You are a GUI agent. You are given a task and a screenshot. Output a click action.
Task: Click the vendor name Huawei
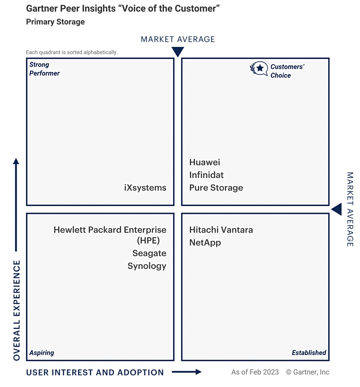coord(204,162)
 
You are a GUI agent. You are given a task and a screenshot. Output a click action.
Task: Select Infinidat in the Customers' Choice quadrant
coord(206,175)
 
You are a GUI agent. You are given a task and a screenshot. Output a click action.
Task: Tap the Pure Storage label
coord(216,188)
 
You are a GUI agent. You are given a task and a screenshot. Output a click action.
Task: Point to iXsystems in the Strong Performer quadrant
coord(145,188)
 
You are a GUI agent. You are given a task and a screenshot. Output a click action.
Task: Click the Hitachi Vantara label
coord(221,230)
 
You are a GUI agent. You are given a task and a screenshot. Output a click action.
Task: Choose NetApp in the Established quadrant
coord(205,243)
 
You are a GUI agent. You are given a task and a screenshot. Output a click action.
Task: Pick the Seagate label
coord(149,253)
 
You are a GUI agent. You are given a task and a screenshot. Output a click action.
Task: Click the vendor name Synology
coord(147,266)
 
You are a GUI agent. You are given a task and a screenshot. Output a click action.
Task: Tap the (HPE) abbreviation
coord(148,240)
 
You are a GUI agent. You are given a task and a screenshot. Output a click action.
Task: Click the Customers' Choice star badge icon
coord(259,68)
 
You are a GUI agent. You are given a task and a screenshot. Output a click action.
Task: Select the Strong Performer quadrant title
coord(44,69)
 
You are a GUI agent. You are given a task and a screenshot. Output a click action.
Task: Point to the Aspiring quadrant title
coord(42,353)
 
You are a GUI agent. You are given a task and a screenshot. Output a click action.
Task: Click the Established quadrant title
coord(309,352)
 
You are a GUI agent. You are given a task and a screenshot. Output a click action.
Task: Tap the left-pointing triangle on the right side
coord(337,209)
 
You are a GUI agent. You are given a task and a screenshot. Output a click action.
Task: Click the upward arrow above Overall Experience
coord(16,205)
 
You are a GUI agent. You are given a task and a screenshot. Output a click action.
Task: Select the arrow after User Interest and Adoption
coord(187,372)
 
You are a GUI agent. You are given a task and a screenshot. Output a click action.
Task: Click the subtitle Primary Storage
coord(55,22)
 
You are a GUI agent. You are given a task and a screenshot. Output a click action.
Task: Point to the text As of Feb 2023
coord(255,372)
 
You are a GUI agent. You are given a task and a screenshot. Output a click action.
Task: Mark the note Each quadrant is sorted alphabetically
coord(72,52)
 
